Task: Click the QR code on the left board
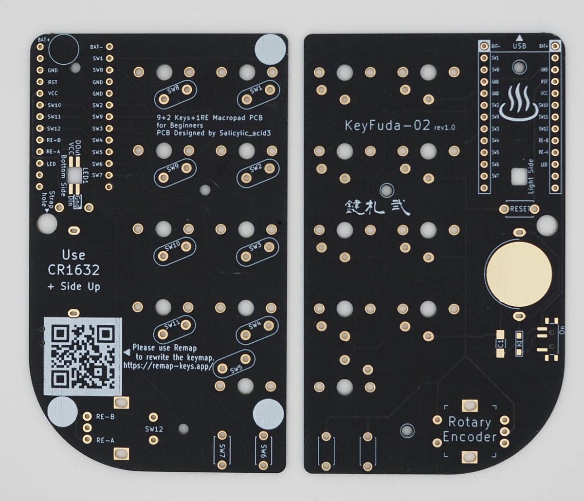point(82,356)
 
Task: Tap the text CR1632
point(73,270)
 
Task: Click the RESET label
point(519,209)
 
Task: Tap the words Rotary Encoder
point(470,429)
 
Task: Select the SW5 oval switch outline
point(236,364)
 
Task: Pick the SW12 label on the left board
point(154,429)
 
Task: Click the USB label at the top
point(519,46)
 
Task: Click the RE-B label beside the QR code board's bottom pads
point(105,417)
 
